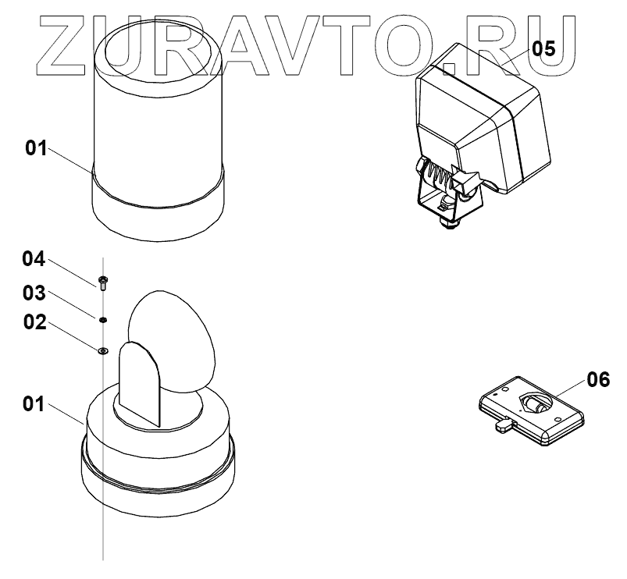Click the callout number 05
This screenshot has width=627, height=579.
coord(543,48)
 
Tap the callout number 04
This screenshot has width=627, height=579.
coord(34,258)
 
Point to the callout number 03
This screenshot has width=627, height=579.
coord(34,293)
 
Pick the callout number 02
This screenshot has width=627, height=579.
coord(34,321)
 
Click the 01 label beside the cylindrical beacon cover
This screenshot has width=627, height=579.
coord(37,148)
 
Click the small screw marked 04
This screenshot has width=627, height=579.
coord(103,280)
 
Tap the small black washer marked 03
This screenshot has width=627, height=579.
coord(102,319)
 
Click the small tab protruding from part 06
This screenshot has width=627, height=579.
coord(504,425)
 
